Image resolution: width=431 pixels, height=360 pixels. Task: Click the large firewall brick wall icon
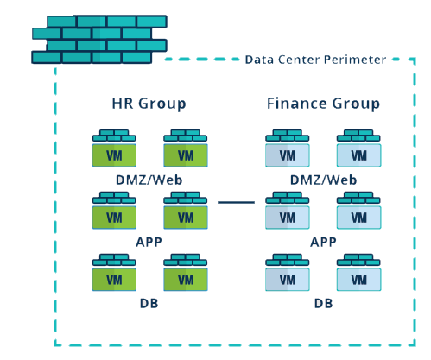(99, 39)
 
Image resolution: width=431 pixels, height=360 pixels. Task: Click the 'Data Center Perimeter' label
(314, 60)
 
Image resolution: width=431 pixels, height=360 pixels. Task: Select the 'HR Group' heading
(149, 104)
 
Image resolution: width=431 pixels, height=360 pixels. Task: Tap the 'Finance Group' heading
(323, 104)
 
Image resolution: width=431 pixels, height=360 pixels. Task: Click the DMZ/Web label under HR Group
(149, 180)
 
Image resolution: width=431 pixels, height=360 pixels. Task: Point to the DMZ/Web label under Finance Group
(323, 180)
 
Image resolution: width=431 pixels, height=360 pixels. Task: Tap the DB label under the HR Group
(149, 303)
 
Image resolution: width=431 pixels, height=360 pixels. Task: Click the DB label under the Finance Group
(323, 303)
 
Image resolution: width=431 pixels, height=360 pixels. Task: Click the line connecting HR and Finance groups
(236, 203)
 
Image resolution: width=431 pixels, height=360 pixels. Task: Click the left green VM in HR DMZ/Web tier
(114, 154)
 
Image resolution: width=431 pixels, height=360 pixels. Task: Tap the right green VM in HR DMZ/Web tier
(185, 154)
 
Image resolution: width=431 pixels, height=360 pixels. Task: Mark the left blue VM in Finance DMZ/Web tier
(287, 154)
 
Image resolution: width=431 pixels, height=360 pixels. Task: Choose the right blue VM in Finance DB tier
(358, 278)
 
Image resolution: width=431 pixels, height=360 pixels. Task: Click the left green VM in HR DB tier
(114, 278)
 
